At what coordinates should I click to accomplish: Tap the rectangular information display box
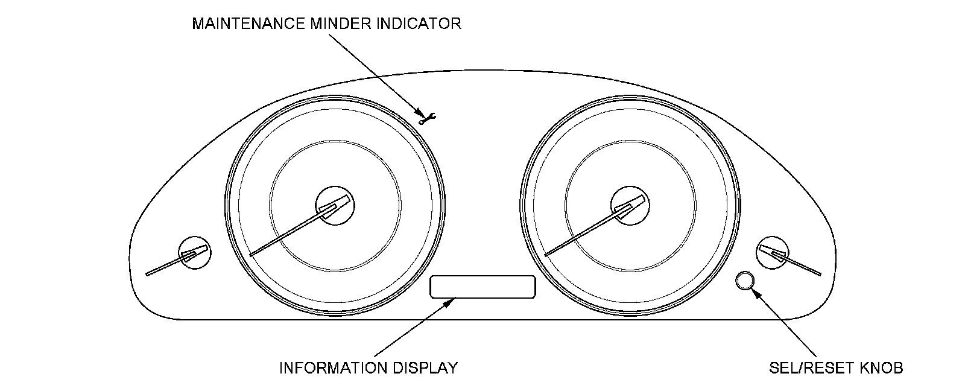482,287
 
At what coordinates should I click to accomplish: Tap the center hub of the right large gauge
630,205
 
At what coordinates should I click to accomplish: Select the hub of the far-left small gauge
195,252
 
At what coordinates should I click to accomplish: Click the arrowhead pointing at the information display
449,302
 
